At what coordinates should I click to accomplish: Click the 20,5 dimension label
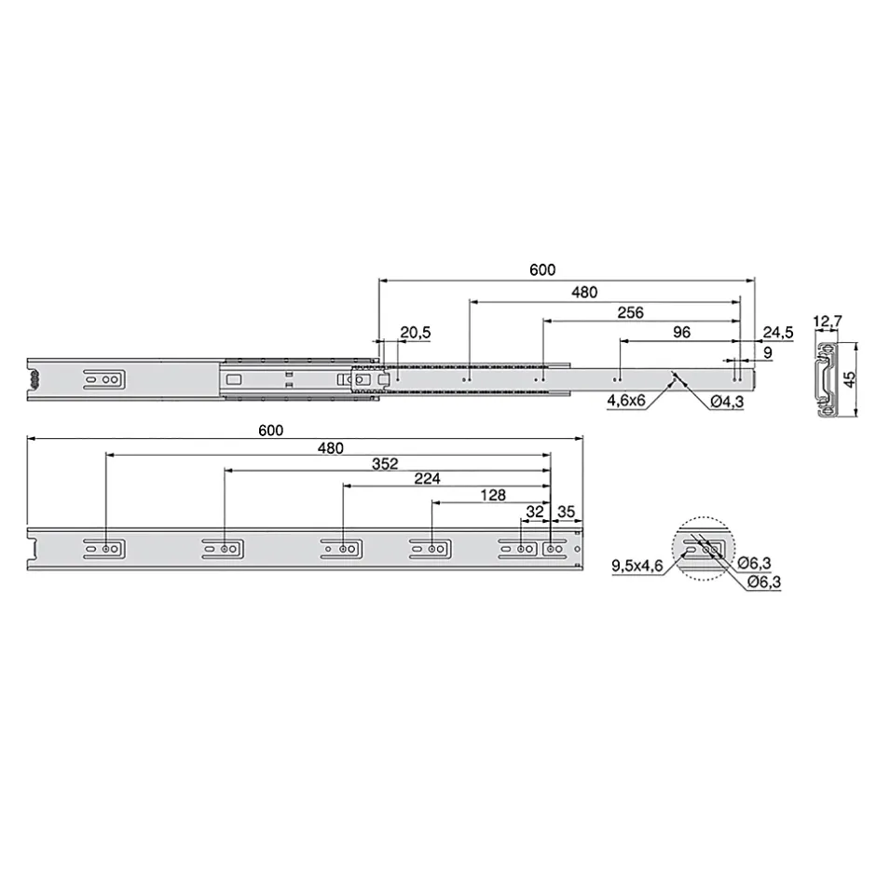click(x=415, y=333)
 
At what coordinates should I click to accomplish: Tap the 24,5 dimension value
click(x=777, y=333)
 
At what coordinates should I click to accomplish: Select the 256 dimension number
click(x=630, y=313)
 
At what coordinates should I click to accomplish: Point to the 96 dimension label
click(x=681, y=333)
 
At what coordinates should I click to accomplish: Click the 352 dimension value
click(x=385, y=464)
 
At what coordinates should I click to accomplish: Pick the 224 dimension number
click(x=427, y=479)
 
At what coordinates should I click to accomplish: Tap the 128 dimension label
click(x=493, y=496)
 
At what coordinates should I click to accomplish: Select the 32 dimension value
click(x=535, y=512)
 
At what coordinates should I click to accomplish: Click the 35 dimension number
click(x=566, y=512)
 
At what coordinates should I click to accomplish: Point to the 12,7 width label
click(x=828, y=322)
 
